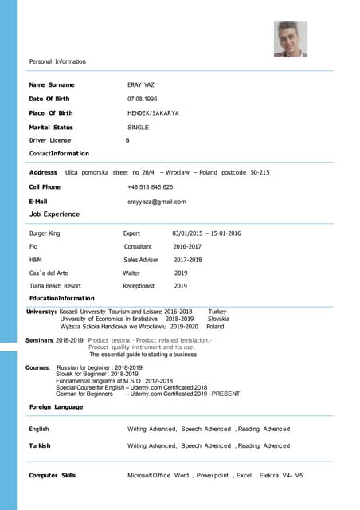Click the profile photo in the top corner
pyautogui.click(x=290, y=39)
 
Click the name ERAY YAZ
pyautogui.click(x=141, y=84)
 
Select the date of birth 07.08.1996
pyautogui.click(x=142, y=99)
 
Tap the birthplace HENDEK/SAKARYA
pyautogui.click(x=153, y=113)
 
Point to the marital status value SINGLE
pyautogui.click(x=138, y=127)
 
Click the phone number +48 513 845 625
pyautogui.click(x=150, y=187)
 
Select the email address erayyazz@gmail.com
pyautogui.click(x=156, y=202)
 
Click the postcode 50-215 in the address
pyautogui.click(x=260, y=172)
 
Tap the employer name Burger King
pyautogui.click(x=45, y=233)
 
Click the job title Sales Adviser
pyautogui.click(x=141, y=260)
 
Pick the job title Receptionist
pyautogui.click(x=139, y=285)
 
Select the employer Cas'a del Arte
pyautogui.click(x=49, y=273)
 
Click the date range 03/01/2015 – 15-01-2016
pyautogui.click(x=206, y=233)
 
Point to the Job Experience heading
pyautogui.click(x=54, y=214)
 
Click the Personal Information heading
pyautogui.click(x=57, y=61)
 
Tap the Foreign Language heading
pyautogui.click(x=56, y=407)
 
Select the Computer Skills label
pyautogui.click(x=53, y=475)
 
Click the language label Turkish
pyautogui.click(x=39, y=445)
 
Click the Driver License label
pyautogui.click(x=50, y=140)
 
